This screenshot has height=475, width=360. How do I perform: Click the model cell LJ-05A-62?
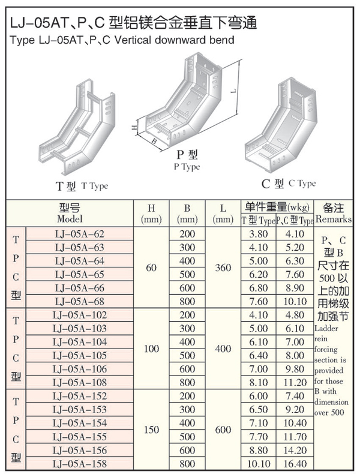(x=79, y=233)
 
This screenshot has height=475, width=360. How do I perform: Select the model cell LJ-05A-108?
(x=79, y=382)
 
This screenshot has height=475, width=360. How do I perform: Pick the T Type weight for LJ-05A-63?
(x=258, y=247)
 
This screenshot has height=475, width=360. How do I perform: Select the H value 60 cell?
(x=151, y=267)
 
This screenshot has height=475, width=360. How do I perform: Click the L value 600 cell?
(x=223, y=429)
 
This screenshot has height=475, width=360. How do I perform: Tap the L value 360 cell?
(x=223, y=267)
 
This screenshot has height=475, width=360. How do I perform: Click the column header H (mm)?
(x=151, y=214)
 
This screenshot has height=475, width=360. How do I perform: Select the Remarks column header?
(x=333, y=214)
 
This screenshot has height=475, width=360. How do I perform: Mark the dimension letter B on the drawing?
(x=154, y=142)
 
